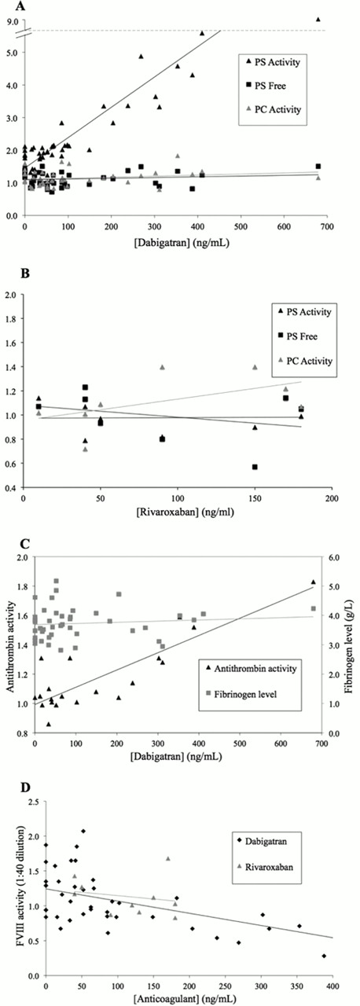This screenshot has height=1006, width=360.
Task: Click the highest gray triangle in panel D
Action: (x=167, y=858)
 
